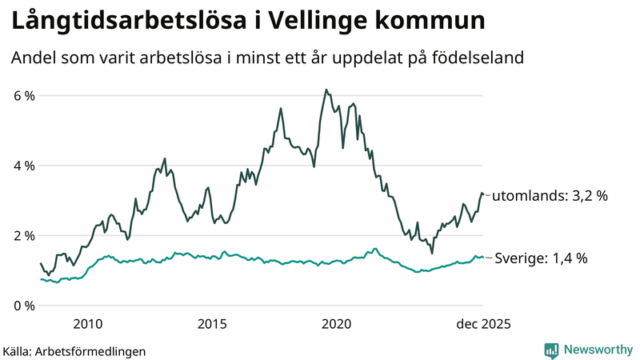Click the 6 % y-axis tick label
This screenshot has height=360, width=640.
coord(23,96)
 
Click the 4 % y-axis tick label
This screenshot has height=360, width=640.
coord(23,166)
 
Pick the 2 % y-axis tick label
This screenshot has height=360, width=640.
coord(23,236)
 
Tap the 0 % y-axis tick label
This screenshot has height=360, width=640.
coord(23,306)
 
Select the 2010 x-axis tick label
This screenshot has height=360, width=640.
coord(88,324)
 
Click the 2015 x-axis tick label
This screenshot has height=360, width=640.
coord(212,324)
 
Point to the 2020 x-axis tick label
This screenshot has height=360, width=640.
coord(336,324)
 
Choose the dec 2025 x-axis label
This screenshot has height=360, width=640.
coord(483,324)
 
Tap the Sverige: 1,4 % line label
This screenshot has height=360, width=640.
coord(542,258)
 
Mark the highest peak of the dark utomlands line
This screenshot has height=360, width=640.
coord(326,90)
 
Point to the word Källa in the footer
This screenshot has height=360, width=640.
coord(18,350)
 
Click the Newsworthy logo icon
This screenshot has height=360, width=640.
coord(552,350)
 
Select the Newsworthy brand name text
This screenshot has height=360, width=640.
coord(598,350)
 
